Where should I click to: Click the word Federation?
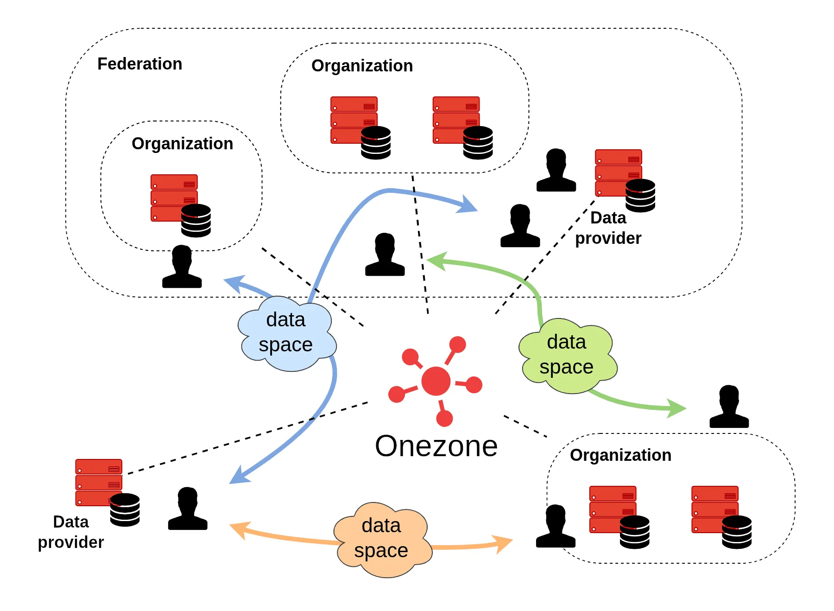tap(139, 64)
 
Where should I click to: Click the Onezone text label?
tap(436, 446)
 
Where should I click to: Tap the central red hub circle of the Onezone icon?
tap(436, 381)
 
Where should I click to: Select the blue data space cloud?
tap(286, 333)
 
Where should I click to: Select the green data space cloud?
tap(567, 355)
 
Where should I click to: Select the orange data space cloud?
tap(382, 539)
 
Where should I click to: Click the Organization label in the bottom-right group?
tap(620, 455)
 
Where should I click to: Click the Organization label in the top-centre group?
tap(362, 66)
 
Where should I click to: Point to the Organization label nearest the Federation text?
tap(182, 144)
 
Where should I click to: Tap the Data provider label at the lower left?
tap(71, 532)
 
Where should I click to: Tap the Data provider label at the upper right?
tap(608, 228)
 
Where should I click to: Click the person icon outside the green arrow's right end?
tap(729, 407)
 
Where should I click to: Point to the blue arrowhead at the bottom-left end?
tap(238, 477)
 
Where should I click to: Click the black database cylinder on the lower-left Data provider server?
tap(125, 509)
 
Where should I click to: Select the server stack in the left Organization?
tap(174, 198)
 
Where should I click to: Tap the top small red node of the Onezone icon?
tap(457, 344)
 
